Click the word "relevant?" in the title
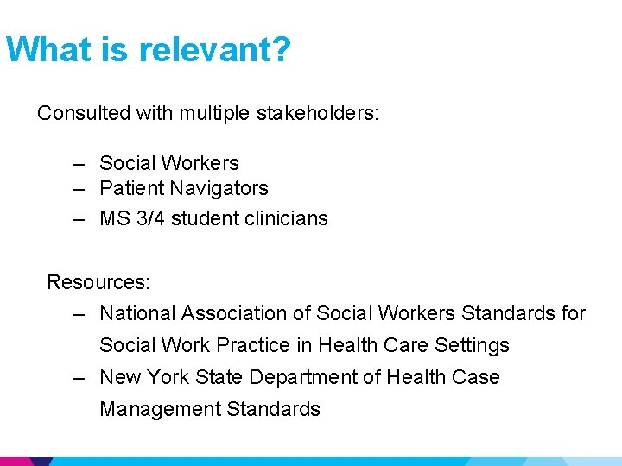215,50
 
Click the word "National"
137,313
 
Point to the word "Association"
233,313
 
